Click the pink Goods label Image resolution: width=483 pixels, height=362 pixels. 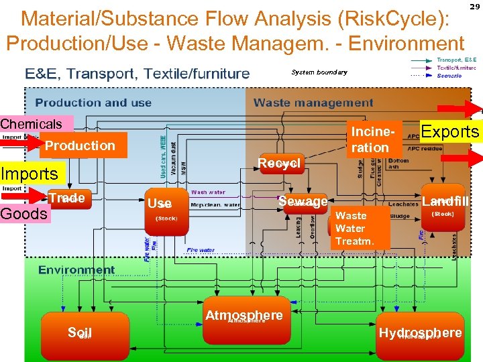pyautogui.click(x=25, y=214)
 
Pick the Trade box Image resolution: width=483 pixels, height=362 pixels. pyautogui.click(x=66, y=198)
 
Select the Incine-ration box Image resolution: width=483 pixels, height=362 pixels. pyautogui.click(x=370, y=138)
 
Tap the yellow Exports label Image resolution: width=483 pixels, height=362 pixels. pyautogui.click(x=449, y=131)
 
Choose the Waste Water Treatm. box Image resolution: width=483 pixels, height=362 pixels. pyautogui.click(x=360, y=229)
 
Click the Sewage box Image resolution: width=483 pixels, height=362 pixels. pyautogui.click(x=303, y=202)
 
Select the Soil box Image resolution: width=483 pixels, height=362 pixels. pyautogui.click(x=80, y=333)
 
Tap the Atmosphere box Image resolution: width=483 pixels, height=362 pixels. pyautogui.click(x=244, y=320)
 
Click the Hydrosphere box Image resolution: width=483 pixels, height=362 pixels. pyautogui.click(x=420, y=333)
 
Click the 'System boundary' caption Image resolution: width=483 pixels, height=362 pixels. pyautogui.click(x=319, y=72)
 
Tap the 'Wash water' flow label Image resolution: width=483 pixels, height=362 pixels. pyautogui.click(x=208, y=191)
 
